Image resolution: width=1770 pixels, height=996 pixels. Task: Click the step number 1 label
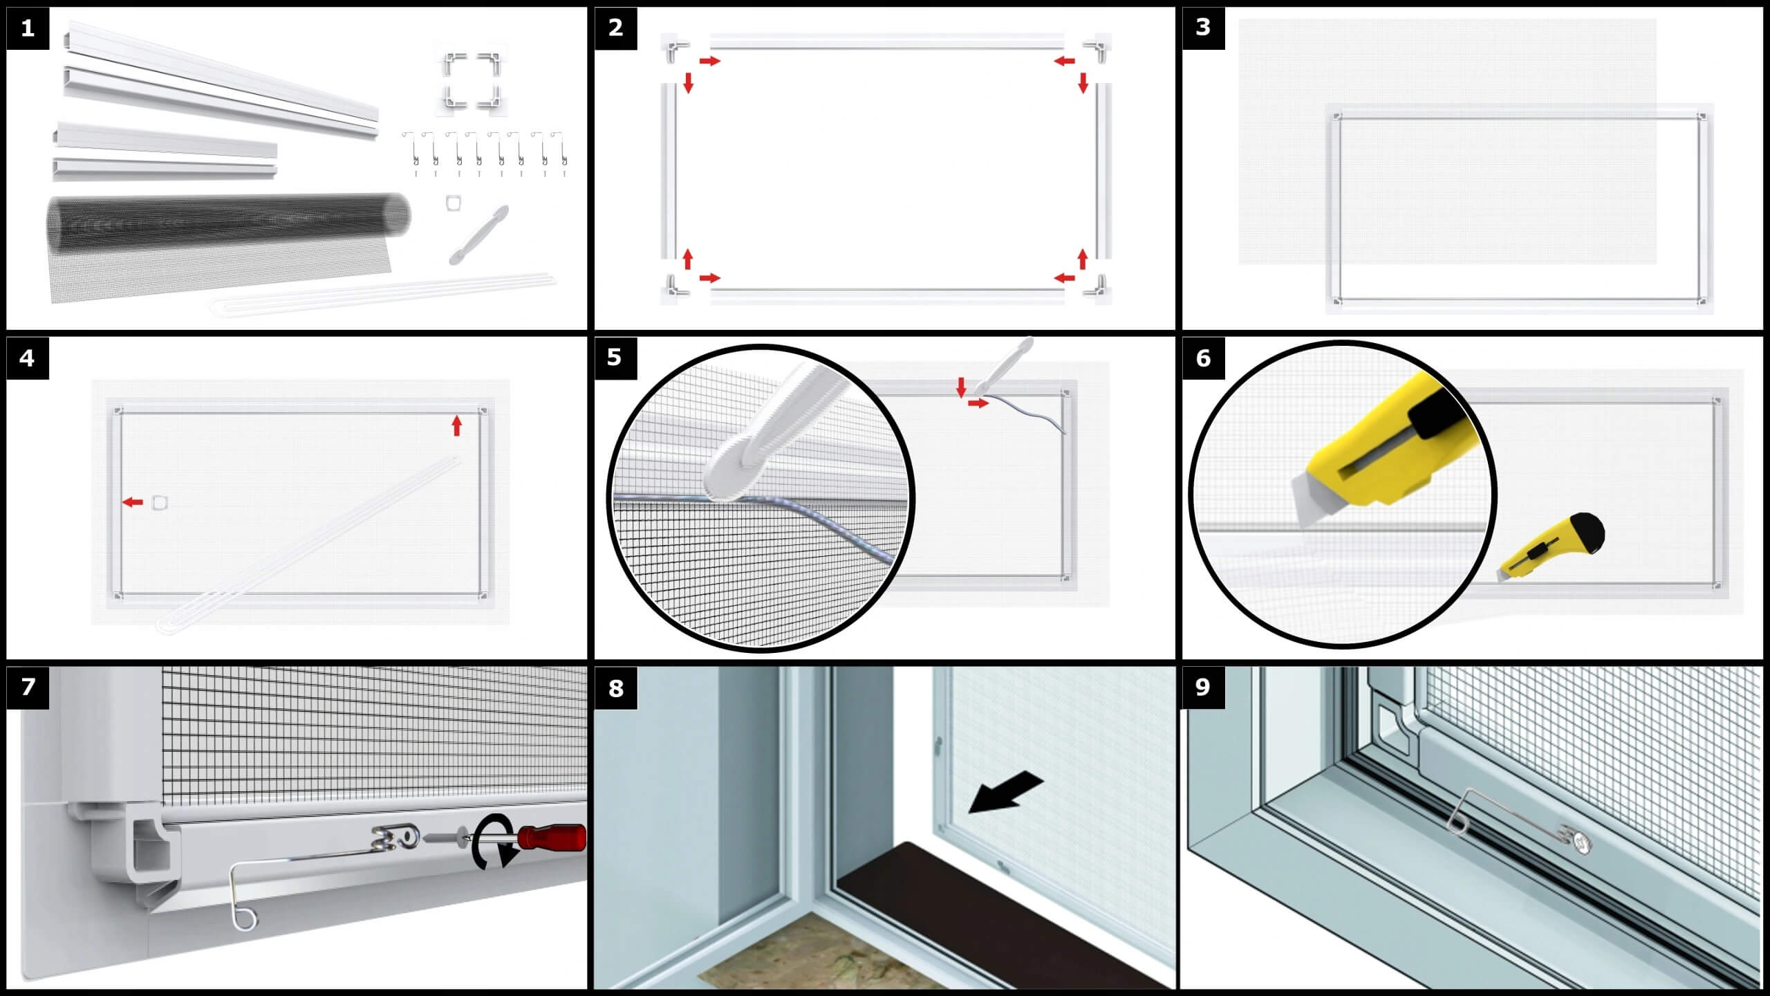(28, 28)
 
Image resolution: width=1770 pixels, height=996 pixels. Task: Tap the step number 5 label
(615, 358)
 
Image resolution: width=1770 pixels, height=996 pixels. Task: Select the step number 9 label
(1203, 687)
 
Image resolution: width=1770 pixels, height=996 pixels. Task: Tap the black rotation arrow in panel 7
(494, 841)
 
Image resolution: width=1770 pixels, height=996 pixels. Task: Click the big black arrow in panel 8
(1006, 791)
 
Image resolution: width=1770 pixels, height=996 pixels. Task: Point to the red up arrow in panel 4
(456, 425)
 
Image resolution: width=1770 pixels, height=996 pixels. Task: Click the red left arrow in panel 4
(133, 502)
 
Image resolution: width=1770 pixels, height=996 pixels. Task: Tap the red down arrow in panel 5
(961, 387)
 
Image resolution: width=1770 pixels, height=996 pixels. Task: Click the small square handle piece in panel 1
(454, 203)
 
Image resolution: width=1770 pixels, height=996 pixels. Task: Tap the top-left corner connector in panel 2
(676, 48)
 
